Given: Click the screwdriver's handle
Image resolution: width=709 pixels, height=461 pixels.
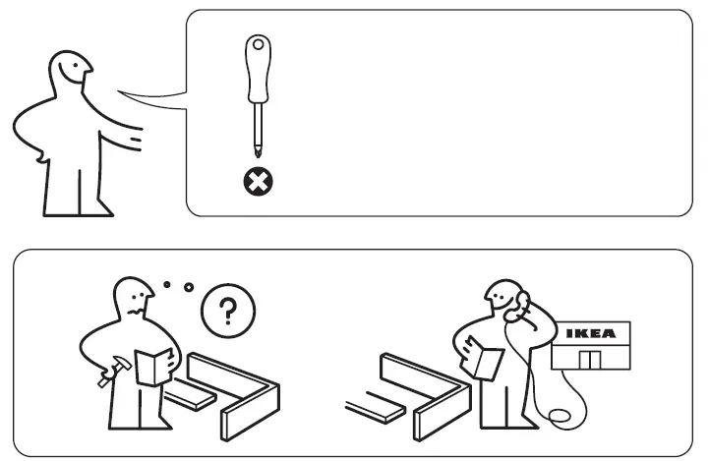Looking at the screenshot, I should click(259, 71).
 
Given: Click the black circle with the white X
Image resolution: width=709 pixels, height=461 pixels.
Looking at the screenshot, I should click(259, 181).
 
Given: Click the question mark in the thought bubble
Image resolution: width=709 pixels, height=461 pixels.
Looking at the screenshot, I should click(227, 313).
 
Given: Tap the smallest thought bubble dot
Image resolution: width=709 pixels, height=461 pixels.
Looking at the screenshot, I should click(166, 285).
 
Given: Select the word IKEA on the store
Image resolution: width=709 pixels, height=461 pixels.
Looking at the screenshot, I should click(590, 333).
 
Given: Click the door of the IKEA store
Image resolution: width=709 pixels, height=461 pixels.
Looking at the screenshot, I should click(589, 359).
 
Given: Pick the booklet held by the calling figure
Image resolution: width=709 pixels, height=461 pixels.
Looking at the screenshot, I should click(485, 358).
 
